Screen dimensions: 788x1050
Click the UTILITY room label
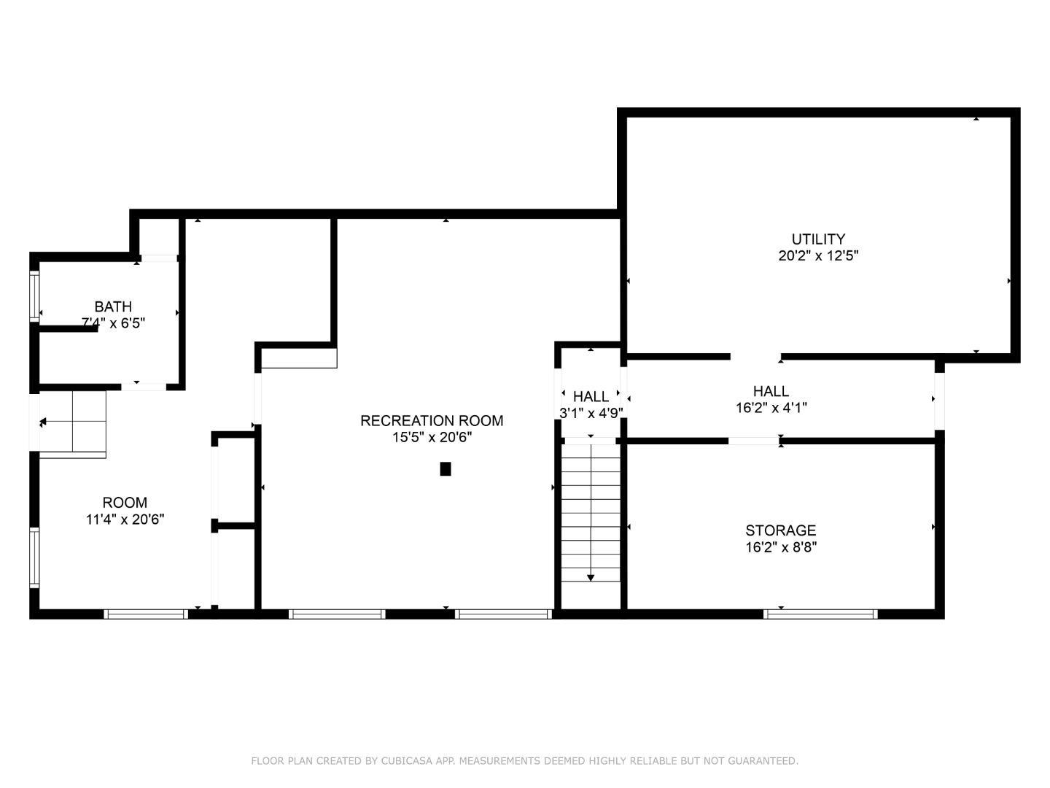(818, 239)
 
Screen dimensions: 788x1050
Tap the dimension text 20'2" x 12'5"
(818, 256)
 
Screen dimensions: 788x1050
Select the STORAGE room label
(780, 530)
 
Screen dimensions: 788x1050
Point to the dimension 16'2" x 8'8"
(780, 547)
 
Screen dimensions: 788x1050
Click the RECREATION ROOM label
(432, 420)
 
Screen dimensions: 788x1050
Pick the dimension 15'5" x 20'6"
(432, 438)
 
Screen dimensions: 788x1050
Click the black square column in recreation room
(446, 469)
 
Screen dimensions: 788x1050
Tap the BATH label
(113, 306)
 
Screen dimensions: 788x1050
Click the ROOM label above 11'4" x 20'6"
(125, 502)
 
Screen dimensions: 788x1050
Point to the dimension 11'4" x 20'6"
(125, 519)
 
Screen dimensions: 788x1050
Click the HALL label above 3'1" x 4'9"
(591, 396)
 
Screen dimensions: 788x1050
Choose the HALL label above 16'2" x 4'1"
(771, 391)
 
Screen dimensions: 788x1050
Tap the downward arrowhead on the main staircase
(591, 578)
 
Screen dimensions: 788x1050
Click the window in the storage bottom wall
(820, 614)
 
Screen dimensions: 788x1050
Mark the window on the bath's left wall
(34, 295)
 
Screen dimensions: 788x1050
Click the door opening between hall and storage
(754, 441)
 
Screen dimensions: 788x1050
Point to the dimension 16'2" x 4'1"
(771, 408)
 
